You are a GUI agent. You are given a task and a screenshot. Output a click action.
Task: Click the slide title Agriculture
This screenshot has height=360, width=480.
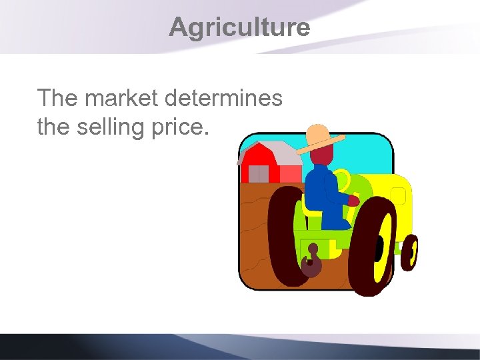239,27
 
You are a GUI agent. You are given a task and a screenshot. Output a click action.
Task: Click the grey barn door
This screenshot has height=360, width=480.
258,174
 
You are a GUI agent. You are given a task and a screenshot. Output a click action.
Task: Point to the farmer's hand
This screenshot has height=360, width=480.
353,200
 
